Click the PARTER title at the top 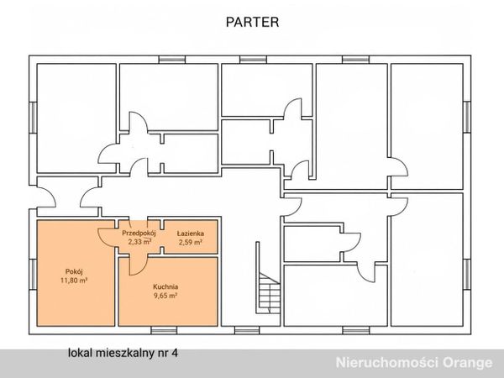click(x=252, y=22)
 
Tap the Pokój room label click(x=74, y=271)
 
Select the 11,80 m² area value click(x=74, y=281)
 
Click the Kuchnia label click(x=165, y=286)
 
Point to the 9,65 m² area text click(x=165, y=296)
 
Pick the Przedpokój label click(x=139, y=234)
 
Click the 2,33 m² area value click(x=139, y=242)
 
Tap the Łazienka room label click(x=191, y=234)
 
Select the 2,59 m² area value click(x=191, y=242)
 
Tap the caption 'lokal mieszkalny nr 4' click(x=123, y=353)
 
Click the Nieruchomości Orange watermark click(x=414, y=363)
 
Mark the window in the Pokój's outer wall click(x=33, y=274)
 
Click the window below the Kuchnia click(x=164, y=330)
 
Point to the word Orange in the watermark click(x=468, y=363)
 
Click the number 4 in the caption click(x=175, y=353)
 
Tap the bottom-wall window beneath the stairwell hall click(x=247, y=330)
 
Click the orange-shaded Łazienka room click(x=191, y=237)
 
